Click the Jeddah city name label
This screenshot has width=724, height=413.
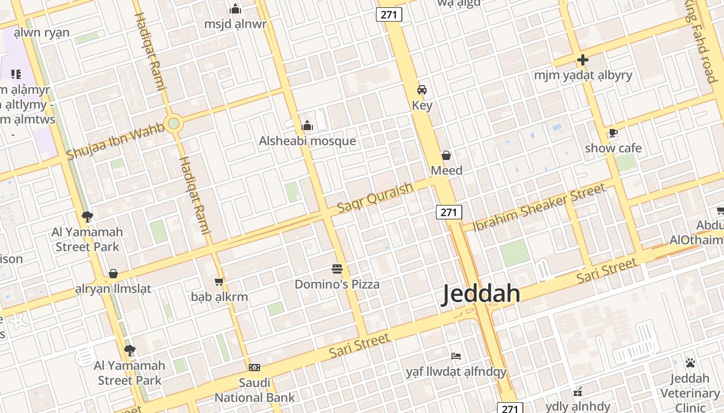tap(481, 294)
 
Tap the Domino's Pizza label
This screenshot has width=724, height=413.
tap(337, 284)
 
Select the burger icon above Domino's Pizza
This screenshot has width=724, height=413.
tap(337, 268)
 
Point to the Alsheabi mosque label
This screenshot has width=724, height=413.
tap(307, 141)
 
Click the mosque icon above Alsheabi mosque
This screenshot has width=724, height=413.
tap(307, 125)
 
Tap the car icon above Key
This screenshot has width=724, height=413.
tap(422, 90)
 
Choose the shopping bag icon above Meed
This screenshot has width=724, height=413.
tap(446, 155)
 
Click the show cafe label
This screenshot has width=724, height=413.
tap(613, 148)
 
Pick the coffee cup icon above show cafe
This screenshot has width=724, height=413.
tap(613, 133)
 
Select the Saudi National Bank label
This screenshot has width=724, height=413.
tap(254, 390)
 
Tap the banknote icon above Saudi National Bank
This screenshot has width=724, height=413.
tap(254, 368)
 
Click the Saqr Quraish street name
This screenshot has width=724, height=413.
tap(375, 197)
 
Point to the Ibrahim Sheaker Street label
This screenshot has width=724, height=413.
tap(539, 207)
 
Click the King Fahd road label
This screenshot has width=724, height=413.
tap(702, 41)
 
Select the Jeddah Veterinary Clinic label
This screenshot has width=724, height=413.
tap(690, 393)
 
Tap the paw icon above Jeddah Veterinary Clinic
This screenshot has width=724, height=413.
tap(690, 363)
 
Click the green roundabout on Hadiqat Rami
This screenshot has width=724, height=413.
tap(173, 123)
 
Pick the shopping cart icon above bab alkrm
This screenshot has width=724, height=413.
tap(219, 281)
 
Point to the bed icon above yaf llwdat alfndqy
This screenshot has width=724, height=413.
tap(456, 356)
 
